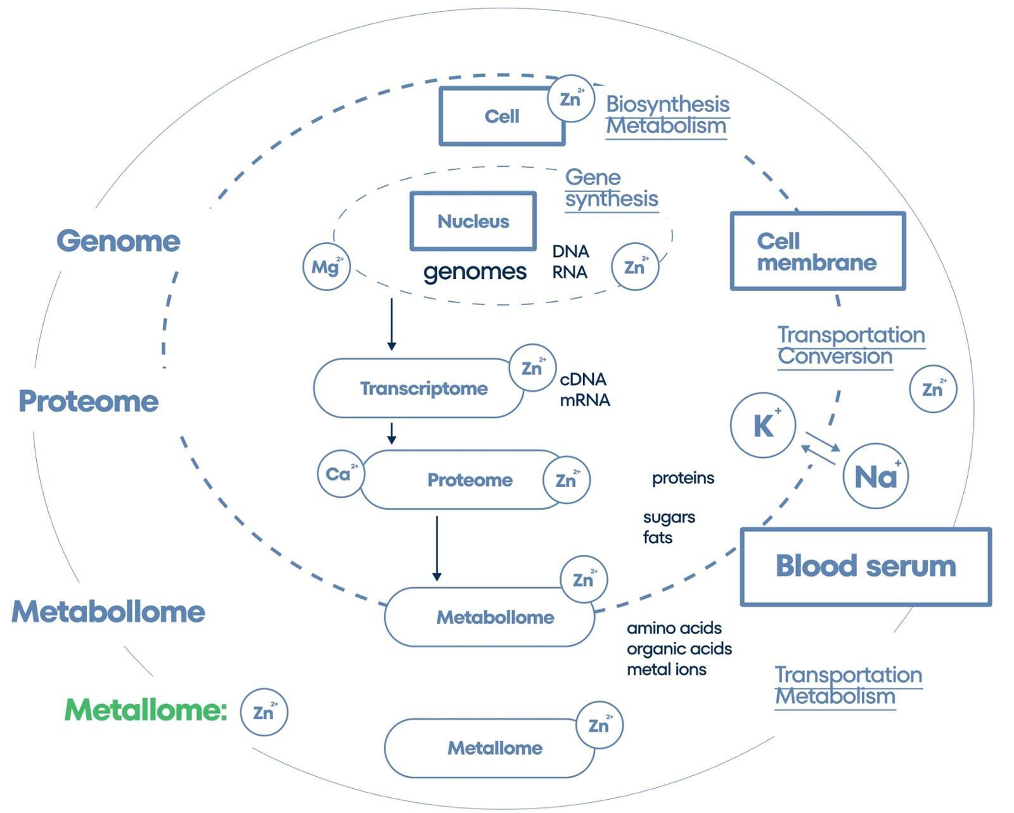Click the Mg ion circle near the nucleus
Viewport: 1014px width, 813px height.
point(326,266)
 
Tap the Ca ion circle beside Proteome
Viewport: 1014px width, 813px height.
point(340,474)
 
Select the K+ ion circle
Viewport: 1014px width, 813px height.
point(762,425)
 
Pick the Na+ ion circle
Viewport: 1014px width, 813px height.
point(875,476)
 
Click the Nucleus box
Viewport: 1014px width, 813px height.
point(473,221)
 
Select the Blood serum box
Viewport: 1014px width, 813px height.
point(865,566)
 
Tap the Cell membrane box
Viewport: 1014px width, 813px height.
point(818,251)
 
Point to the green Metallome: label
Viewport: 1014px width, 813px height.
point(145,710)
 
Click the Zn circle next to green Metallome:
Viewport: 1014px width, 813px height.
point(264,712)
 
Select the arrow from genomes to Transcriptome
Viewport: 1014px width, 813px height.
point(392,324)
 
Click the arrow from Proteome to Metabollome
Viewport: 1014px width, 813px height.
point(437,548)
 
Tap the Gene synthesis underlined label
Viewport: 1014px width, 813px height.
point(611,188)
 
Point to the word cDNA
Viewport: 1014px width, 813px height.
point(583,379)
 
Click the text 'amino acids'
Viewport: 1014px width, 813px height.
point(674,628)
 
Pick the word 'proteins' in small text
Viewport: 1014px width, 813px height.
point(683,478)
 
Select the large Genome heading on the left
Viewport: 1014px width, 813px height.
point(118,241)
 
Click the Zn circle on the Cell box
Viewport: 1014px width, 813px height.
point(570,98)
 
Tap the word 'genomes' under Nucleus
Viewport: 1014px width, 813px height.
point(475,272)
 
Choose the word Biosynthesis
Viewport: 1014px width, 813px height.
point(667,104)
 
